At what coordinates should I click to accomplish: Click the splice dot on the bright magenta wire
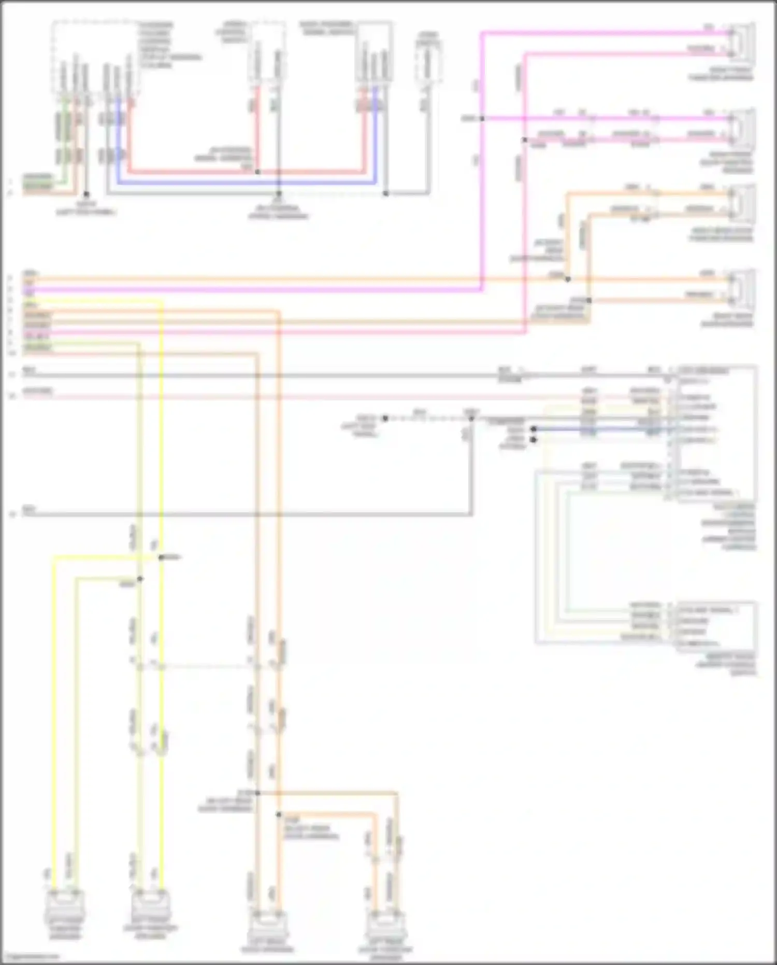coord(482,119)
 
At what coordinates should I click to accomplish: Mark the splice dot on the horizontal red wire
coord(257,172)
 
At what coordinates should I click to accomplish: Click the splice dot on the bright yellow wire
coord(161,557)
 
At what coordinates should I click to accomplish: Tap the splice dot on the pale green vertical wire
coord(140,579)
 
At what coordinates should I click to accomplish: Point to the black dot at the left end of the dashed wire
coord(385,418)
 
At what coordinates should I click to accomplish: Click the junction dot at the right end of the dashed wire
coord(471,418)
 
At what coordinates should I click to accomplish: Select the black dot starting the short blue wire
coord(533,429)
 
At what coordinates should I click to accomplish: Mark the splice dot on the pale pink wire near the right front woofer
coord(525,140)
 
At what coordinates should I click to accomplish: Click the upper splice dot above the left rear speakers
coord(257,793)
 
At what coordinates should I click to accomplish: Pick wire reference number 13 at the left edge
coord(12,515)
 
